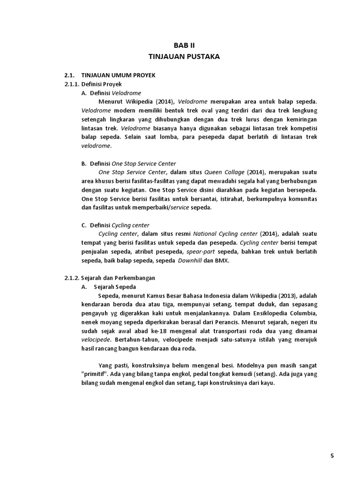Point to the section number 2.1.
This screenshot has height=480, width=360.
click(69, 75)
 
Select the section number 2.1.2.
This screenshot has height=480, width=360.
click(72, 277)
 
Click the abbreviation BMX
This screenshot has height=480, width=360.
click(222, 260)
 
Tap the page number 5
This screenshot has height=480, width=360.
click(332, 457)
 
